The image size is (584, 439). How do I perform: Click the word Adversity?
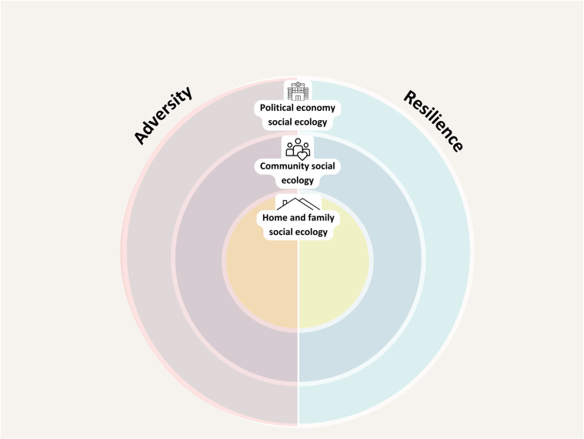(x=163, y=116)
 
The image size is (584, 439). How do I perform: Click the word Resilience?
(x=434, y=121)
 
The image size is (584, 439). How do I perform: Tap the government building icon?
(x=297, y=91)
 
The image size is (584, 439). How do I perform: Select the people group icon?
(x=297, y=148)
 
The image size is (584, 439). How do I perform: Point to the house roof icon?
(x=298, y=204)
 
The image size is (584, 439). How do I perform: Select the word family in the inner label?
(x=318, y=218)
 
